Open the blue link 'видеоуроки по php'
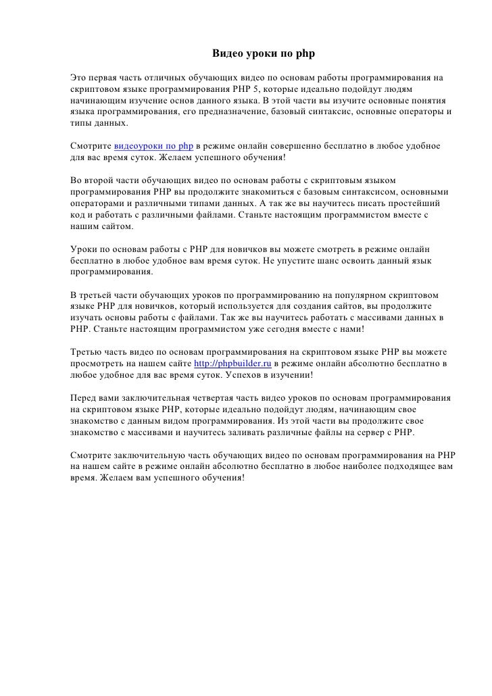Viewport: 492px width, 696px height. pyautogui.click(x=154, y=146)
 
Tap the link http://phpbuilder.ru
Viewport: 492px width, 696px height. pyautogui.click(x=232, y=364)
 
